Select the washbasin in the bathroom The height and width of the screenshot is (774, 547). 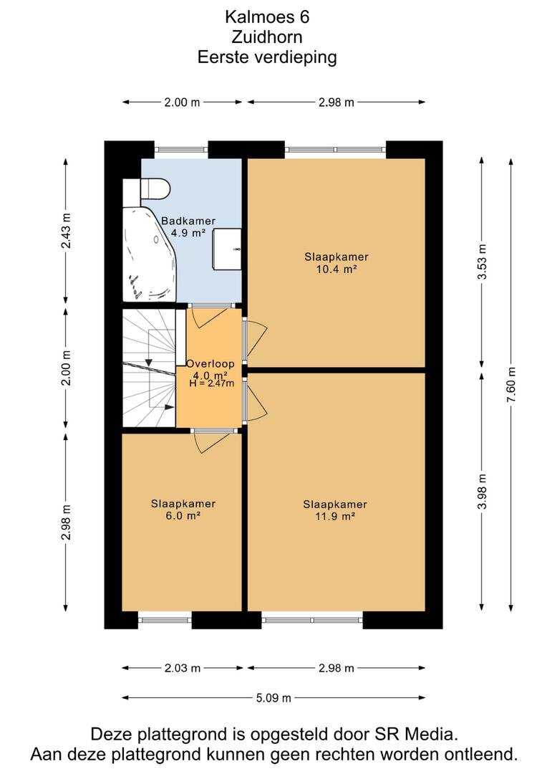click(x=227, y=249)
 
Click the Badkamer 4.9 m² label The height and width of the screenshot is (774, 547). click(x=188, y=227)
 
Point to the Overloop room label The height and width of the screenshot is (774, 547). click(x=210, y=364)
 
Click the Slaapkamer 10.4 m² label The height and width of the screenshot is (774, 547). click(x=337, y=263)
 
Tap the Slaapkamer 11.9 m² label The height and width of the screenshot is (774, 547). click(x=335, y=510)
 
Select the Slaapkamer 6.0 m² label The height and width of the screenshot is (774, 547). click(x=183, y=510)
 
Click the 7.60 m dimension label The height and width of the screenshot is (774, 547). click(x=511, y=385)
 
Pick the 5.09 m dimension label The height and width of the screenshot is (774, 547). click(x=273, y=698)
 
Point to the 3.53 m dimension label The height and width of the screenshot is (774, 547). click(x=482, y=262)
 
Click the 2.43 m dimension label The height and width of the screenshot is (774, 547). click(x=66, y=231)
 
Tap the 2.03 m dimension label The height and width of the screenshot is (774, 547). click(x=182, y=669)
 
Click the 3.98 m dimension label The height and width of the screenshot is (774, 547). click(x=482, y=491)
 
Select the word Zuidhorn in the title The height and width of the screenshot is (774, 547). click(x=267, y=37)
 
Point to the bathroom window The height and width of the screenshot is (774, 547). click(x=180, y=150)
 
